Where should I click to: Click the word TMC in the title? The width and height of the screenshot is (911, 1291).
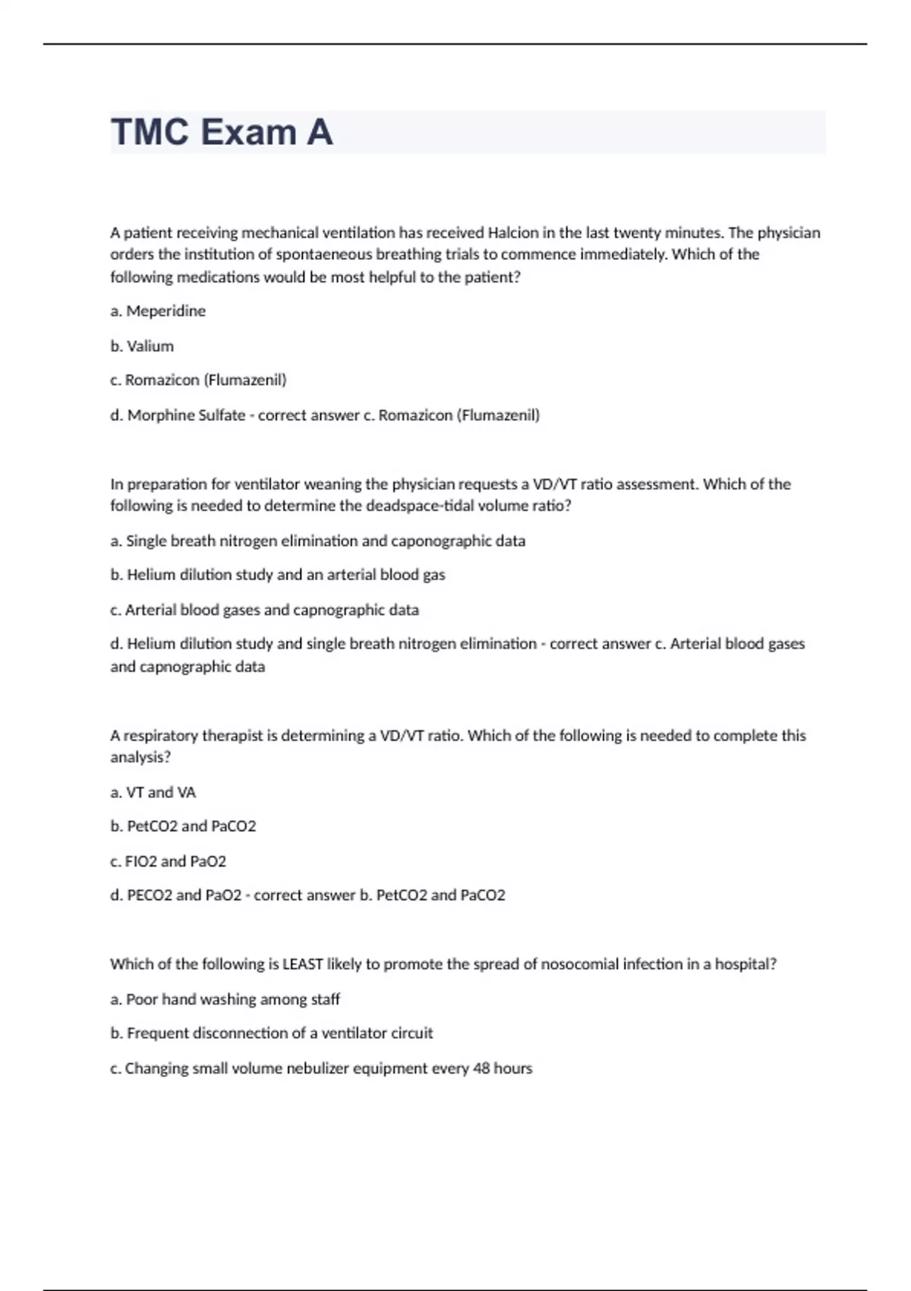tap(150, 132)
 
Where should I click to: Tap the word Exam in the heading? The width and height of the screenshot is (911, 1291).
tap(248, 132)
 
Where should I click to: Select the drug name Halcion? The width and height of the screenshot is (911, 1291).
tap(512, 232)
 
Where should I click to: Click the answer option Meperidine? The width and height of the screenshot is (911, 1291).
tap(165, 311)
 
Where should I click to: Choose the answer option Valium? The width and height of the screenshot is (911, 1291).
tap(150, 346)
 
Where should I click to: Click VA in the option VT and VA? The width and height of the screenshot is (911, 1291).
tap(187, 793)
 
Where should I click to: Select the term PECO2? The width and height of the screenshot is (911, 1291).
tap(150, 895)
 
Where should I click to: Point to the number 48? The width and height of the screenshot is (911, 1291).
tap(481, 1068)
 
